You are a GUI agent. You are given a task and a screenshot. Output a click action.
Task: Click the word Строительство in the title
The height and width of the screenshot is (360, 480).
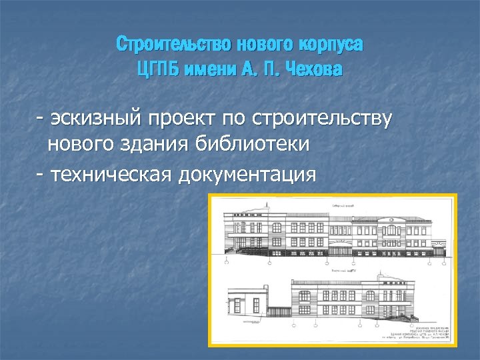[x=165, y=45]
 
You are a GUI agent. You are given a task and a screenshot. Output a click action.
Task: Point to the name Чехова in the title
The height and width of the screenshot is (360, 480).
[x=313, y=69]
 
